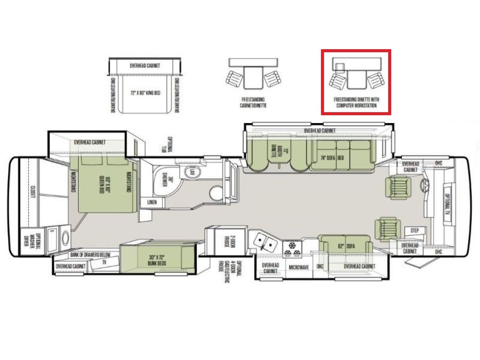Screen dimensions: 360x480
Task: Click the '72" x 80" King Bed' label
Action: (144, 93)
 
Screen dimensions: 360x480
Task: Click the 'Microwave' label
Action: (298, 268)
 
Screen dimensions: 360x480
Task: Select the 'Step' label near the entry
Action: (414, 230)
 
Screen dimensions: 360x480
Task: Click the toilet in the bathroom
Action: (215, 193)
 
